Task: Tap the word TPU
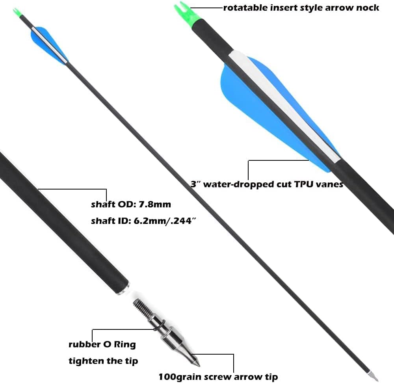303,184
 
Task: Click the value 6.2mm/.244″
165,221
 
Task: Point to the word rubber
84,344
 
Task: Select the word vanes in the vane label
329,184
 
